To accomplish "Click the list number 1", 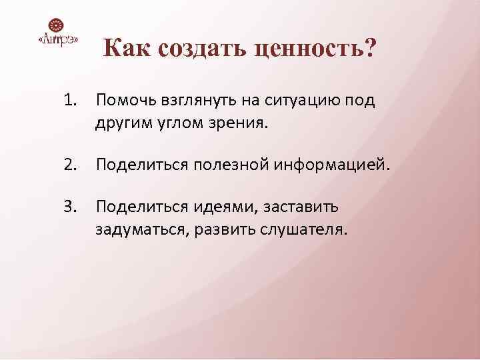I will [71, 101].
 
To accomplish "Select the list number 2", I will [71, 164].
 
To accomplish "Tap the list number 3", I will [71, 207].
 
